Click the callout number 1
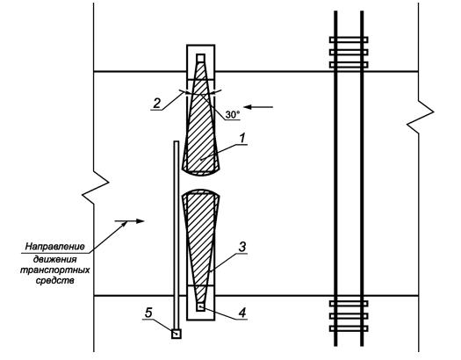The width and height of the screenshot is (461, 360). [x=242, y=138]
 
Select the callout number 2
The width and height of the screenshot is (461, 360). [x=156, y=104]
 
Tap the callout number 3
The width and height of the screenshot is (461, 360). [x=242, y=247]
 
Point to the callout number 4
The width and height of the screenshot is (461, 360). [x=242, y=313]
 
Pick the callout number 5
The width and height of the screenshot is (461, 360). [x=148, y=313]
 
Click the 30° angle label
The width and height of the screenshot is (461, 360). [x=233, y=115]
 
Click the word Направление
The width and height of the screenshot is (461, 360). [x=55, y=246]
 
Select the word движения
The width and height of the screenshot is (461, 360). [x=55, y=260]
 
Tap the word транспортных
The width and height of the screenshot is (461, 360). [x=55, y=270]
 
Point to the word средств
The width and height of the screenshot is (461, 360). [x=55, y=281]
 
